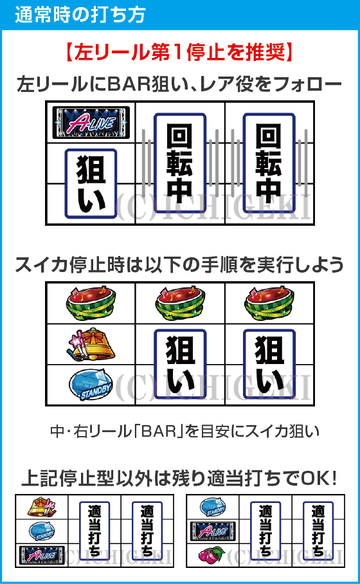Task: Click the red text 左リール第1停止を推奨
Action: pos(179,52)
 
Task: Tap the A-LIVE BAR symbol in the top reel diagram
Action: pos(91,123)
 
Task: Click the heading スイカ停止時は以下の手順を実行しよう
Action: pos(179,264)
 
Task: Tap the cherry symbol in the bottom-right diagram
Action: pos(212,553)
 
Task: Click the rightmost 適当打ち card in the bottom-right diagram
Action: pos(318,531)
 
